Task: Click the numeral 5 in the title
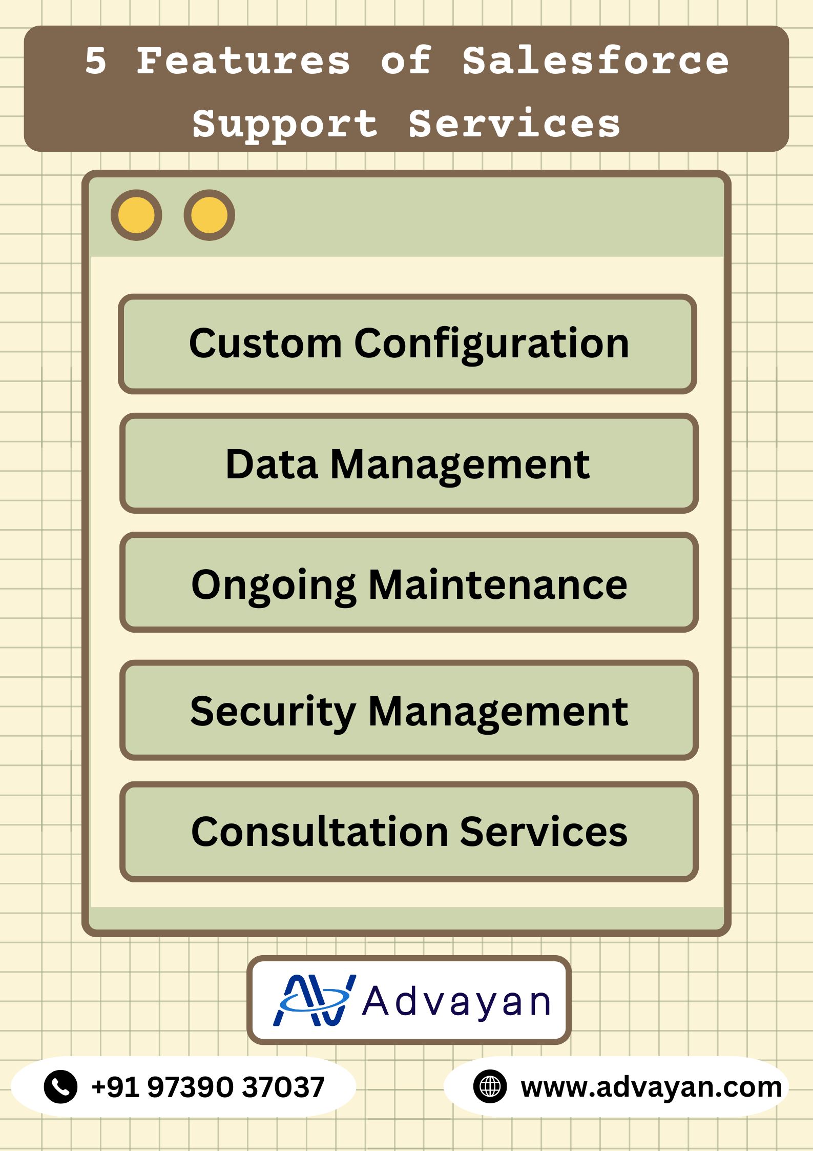[96, 61]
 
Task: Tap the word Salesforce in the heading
[595, 61]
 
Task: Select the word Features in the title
[243, 61]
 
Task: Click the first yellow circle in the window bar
[136, 215]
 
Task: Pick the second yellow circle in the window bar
[210, 215]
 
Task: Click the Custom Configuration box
[408, 344]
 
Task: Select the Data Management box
[408, 463]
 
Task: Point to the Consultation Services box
[408, 832]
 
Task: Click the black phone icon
[60, 1086]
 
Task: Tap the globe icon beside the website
[490, 1086]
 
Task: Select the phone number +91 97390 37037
[208, 1086]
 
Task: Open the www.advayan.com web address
[651, 1086]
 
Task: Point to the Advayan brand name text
[456, 1002]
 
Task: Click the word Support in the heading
[285, 124]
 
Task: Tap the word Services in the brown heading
[514, 124]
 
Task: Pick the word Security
[273, 712]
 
